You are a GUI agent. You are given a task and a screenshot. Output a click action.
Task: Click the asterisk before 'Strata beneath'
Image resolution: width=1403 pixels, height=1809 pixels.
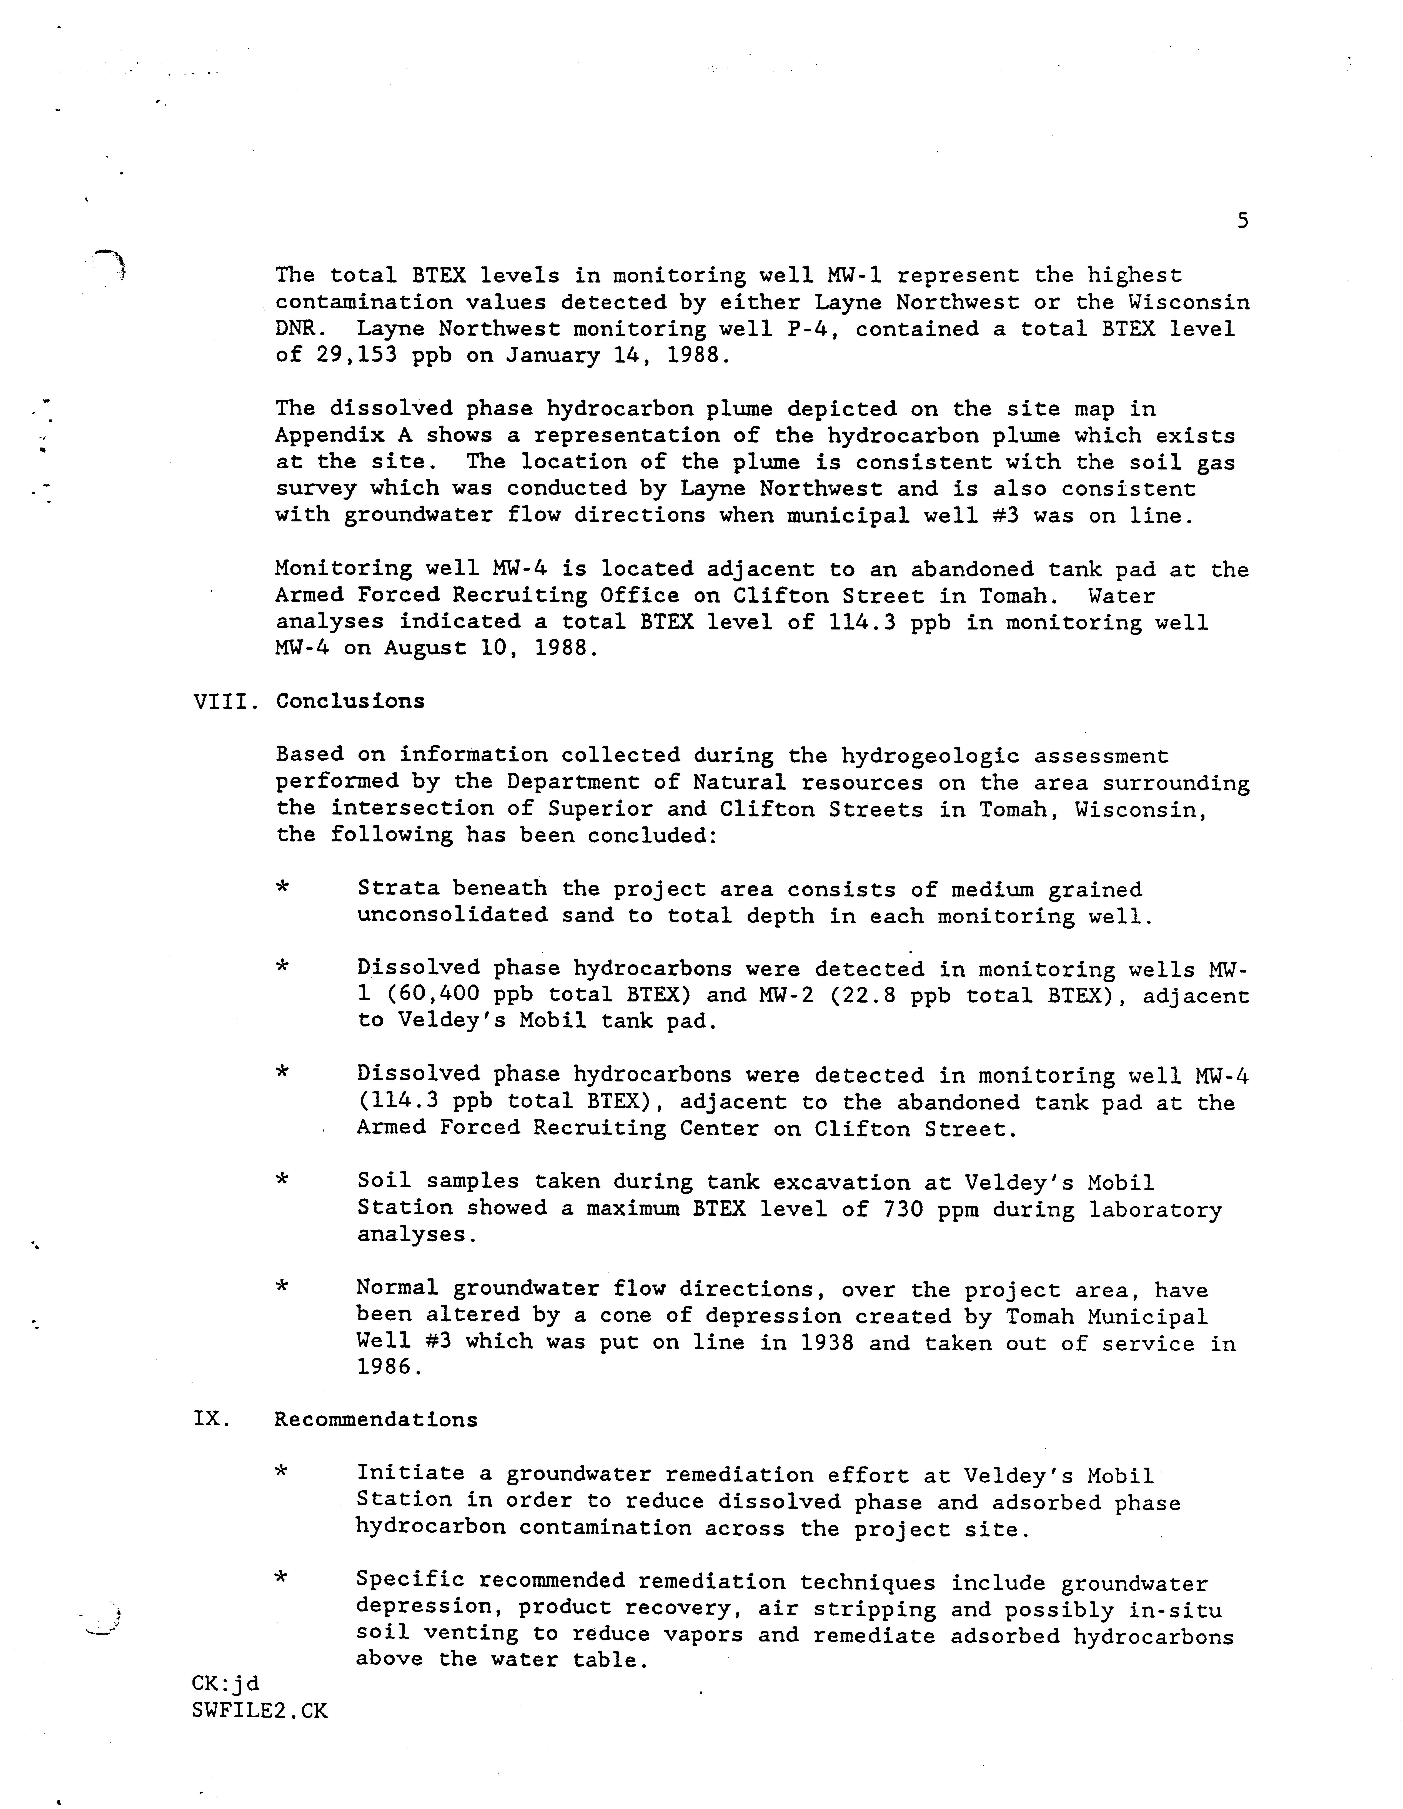[x=282, y=888]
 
